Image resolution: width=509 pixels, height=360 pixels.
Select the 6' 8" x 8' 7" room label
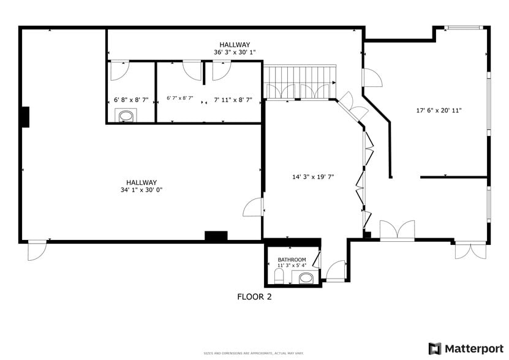point(131,99)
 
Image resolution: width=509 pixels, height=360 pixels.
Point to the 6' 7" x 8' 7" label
point(180,98)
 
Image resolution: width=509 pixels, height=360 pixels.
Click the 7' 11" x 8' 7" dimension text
point(232,99)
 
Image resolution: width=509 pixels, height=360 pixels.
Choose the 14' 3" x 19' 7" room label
point(312,177)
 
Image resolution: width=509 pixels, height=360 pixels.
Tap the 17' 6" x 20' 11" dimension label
point(439,111)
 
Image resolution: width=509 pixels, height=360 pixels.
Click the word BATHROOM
point(292,260)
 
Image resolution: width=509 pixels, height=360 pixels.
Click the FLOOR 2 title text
point(254,297)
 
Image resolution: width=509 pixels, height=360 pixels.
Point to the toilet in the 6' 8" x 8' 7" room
point(127,116)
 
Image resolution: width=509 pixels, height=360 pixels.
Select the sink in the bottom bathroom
point(306,279)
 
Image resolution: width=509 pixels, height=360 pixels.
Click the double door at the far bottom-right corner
point(470,251)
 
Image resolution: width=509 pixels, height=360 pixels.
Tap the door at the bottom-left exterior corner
point(37,250)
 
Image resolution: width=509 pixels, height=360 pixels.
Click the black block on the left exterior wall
point(25,117)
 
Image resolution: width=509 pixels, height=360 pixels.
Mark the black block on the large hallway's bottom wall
point(216,236)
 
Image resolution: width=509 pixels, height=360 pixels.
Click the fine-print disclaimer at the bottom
point(254,353)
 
